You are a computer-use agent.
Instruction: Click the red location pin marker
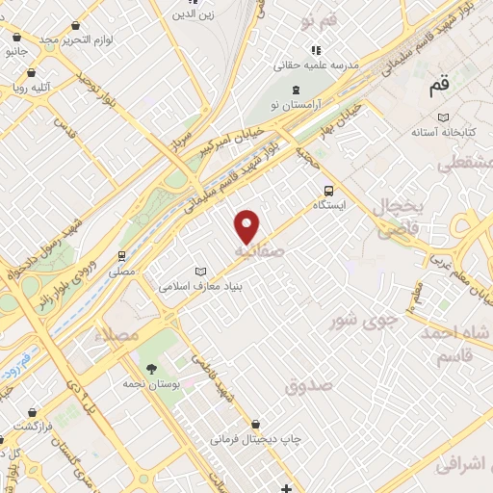[x=248, y=226]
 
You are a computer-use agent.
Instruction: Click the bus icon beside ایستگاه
[x=329, y=190]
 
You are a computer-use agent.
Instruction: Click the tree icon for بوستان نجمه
[x=151, y=368]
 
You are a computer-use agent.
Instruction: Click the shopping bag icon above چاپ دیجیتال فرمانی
[x=255, y=423]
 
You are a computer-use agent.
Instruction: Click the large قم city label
[x=438, y=89]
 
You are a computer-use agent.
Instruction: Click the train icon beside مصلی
[x=121, y=256]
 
